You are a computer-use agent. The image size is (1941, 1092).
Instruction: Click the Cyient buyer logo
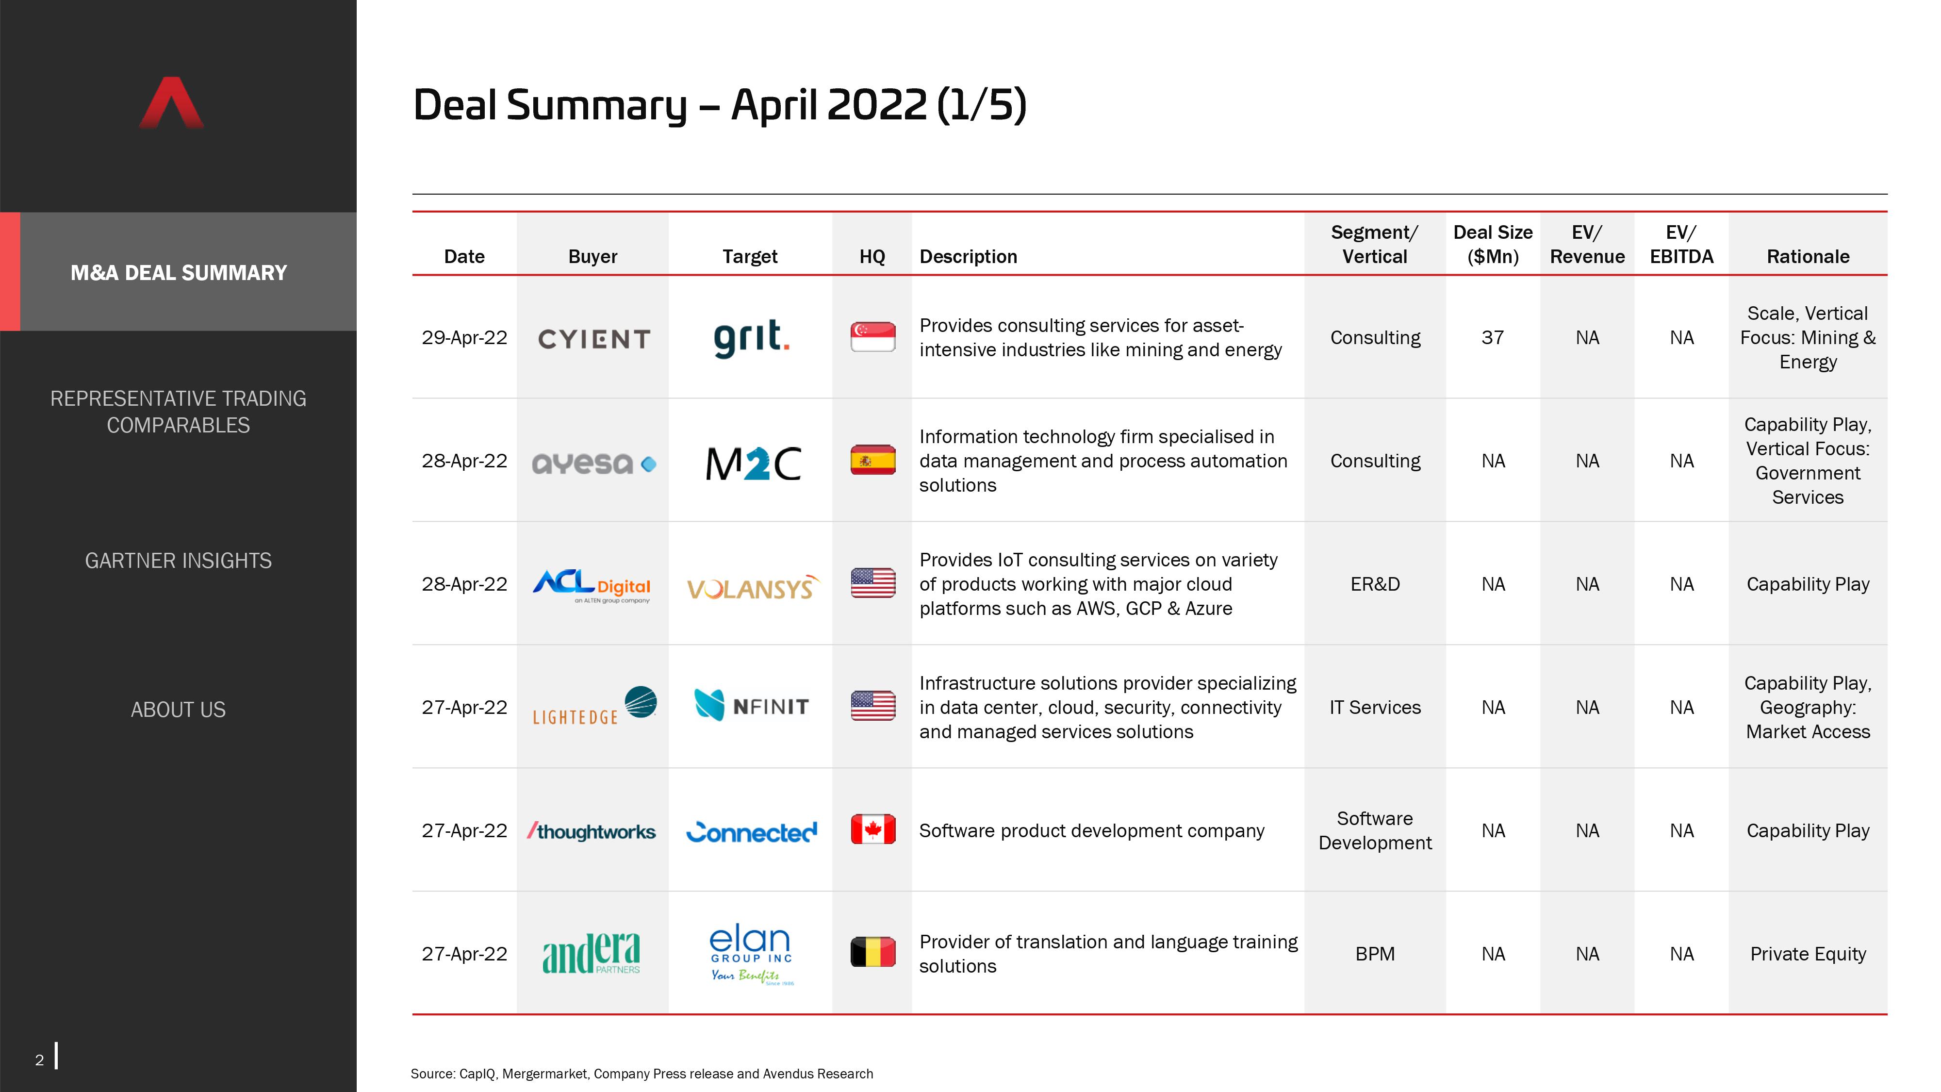click(x=594, y=339)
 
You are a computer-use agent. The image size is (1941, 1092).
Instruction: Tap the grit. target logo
click(x=751, y=338)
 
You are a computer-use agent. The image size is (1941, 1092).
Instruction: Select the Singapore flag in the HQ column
click(x=872, y=337)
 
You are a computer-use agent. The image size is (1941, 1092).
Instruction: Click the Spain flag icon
click(x=872, y=460)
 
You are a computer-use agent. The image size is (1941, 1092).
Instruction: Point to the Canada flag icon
click(x=872, y=830)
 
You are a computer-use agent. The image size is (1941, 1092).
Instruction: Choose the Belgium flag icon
click(x=872, y=953)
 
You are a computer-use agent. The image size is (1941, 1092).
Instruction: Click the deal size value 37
click(x=1493, y=338)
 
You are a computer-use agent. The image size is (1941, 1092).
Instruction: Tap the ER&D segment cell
click(x=1375, y=584)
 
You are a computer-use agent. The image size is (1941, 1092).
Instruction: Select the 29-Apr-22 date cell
click(x=464, y=338)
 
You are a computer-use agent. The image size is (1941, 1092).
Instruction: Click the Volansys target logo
click(x=753, y=587)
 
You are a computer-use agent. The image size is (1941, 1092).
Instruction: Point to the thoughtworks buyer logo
click(x=592, y=831)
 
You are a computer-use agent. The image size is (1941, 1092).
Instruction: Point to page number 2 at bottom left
click(x=39, y=1059)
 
